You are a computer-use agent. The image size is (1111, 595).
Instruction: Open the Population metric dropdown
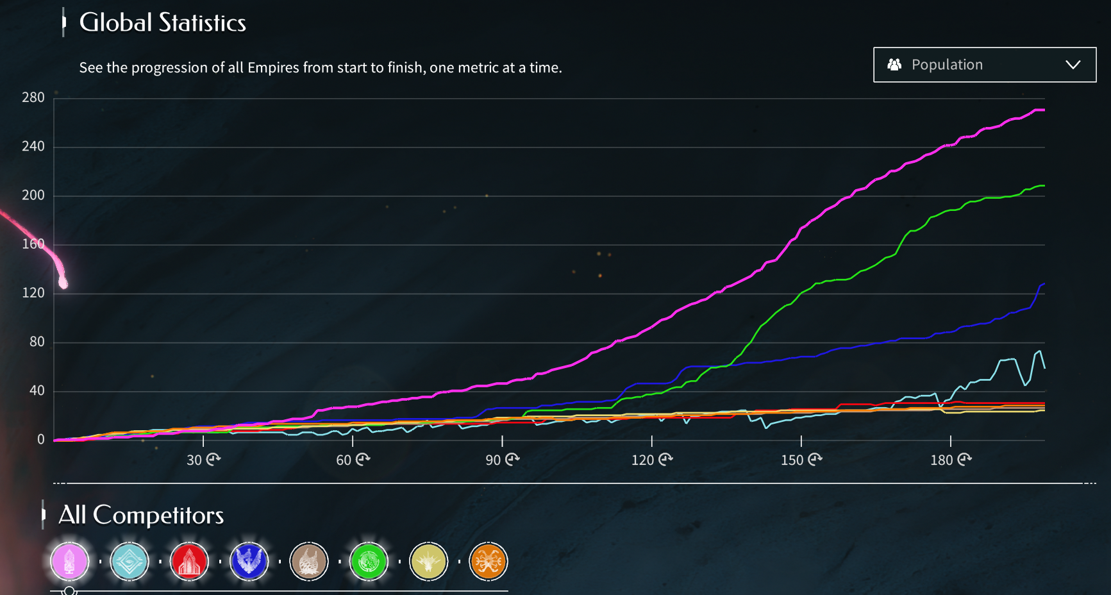(984, 65)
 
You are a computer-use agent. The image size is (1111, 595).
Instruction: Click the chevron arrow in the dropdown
(1073, 65)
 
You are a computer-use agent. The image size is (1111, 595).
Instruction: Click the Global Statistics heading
(162, 23)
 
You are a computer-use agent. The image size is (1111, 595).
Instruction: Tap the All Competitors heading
(141, 515)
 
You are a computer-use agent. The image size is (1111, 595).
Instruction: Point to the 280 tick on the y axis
(33, 97)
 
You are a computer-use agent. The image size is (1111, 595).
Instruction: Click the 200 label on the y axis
(33, 195)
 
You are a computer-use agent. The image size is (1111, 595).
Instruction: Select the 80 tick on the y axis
(37, 342)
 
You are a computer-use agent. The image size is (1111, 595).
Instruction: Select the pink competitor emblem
(69, 562)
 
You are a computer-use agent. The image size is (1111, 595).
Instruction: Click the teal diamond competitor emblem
(129, 562)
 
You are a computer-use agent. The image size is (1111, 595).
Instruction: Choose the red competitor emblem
(189, 562)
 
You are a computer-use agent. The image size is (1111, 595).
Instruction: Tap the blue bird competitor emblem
(249, 562)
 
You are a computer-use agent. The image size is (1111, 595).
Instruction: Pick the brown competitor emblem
(309, 562)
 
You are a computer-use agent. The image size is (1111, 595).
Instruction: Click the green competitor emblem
(369, 562)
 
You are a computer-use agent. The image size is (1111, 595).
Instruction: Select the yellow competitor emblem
(428, 562)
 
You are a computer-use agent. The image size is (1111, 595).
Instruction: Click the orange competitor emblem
(488, 562)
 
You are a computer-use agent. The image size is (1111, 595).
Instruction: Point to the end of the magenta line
(1044, 110)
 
